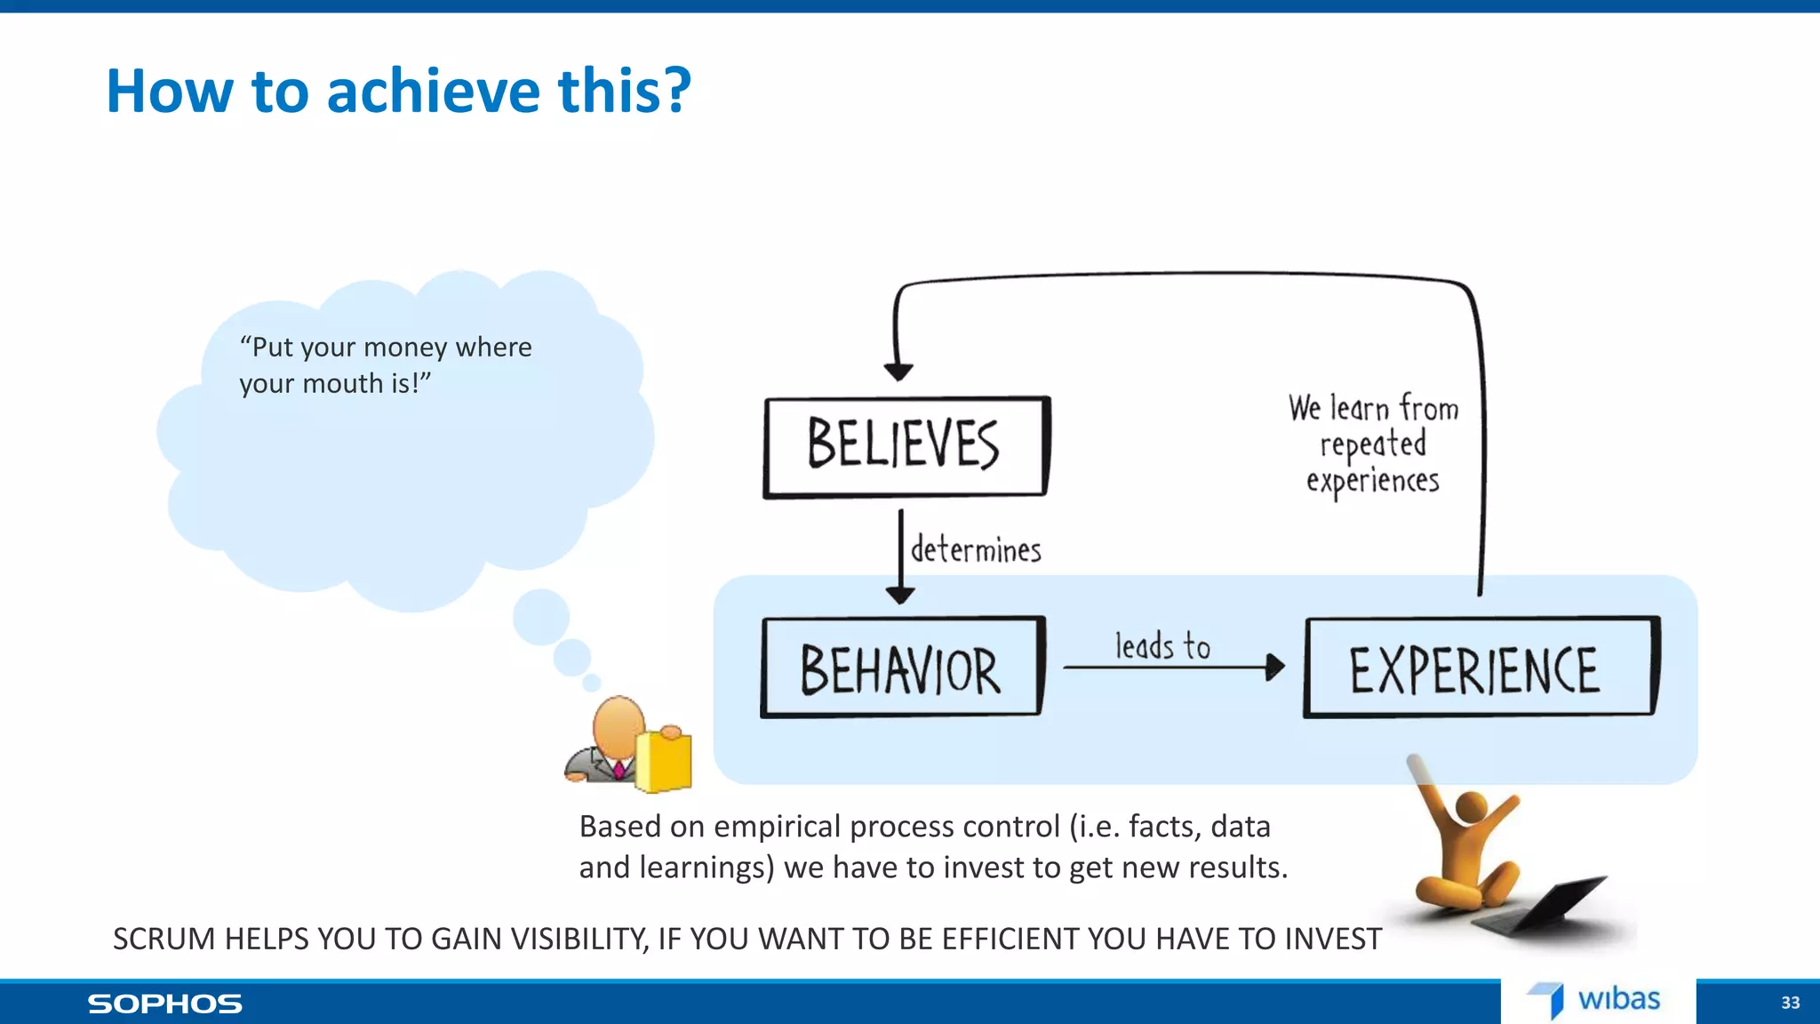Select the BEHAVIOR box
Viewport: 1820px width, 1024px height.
click(x=901, y=668)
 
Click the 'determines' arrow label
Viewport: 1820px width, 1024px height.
click(x=976, y=550)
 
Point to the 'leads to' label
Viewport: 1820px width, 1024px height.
click(x=1162, y=646)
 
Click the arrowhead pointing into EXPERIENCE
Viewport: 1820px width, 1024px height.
click(x=1276, y=667)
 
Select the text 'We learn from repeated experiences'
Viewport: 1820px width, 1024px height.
click(x=1373, y=444)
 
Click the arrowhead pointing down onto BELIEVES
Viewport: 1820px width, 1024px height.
click(x=898, y=371)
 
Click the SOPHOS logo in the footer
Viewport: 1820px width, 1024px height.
click(x=164, y=1004)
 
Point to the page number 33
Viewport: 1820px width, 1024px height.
click(x=1790, y=1003)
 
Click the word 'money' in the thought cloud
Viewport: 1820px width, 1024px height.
click(x=404, y=348)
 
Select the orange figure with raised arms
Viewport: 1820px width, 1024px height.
click(x=1466, y=844)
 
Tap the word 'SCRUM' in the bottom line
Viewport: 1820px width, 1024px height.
click(x=164, y=939)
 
